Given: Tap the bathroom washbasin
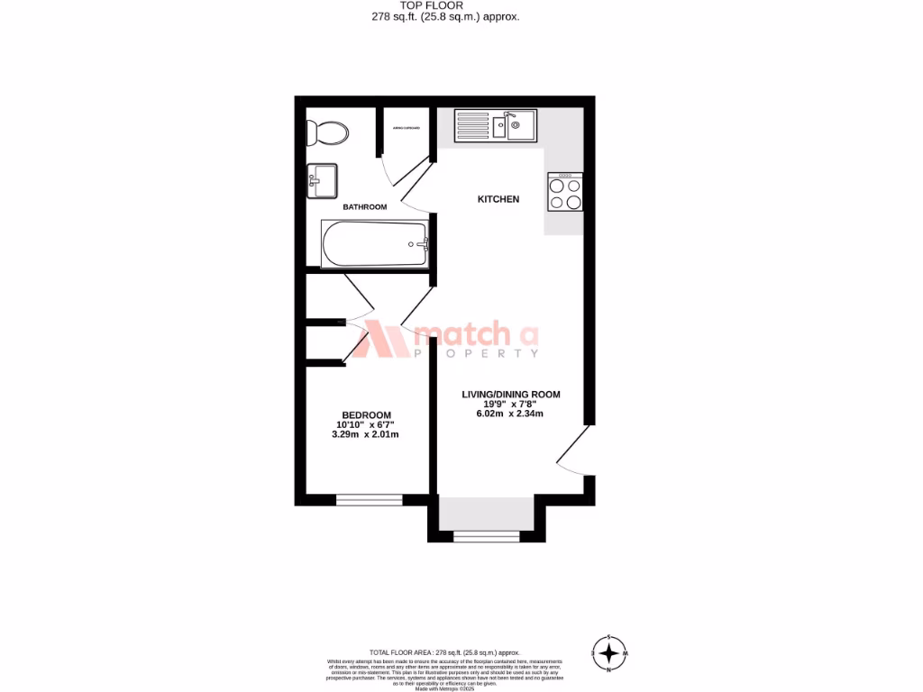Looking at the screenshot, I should (x=322, y=179).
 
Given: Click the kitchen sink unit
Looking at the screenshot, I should (x=495, y=125).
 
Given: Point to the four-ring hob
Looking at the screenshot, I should (x=564, y=192).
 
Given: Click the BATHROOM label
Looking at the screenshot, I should (x=365, y=207).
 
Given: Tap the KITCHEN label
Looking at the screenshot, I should (x=498, y=199).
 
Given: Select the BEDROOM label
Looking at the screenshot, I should (x=366, y=414).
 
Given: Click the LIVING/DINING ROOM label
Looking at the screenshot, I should (x=511, y=395).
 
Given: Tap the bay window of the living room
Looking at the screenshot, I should (x=487, y=537).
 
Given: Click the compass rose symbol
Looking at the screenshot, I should (x=610, y=651).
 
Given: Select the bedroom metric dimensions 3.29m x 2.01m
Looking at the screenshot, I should (x=365, y=434).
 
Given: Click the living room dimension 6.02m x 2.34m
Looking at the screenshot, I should (x=510, y=414).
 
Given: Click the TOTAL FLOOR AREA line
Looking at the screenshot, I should (x=444, y=652).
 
